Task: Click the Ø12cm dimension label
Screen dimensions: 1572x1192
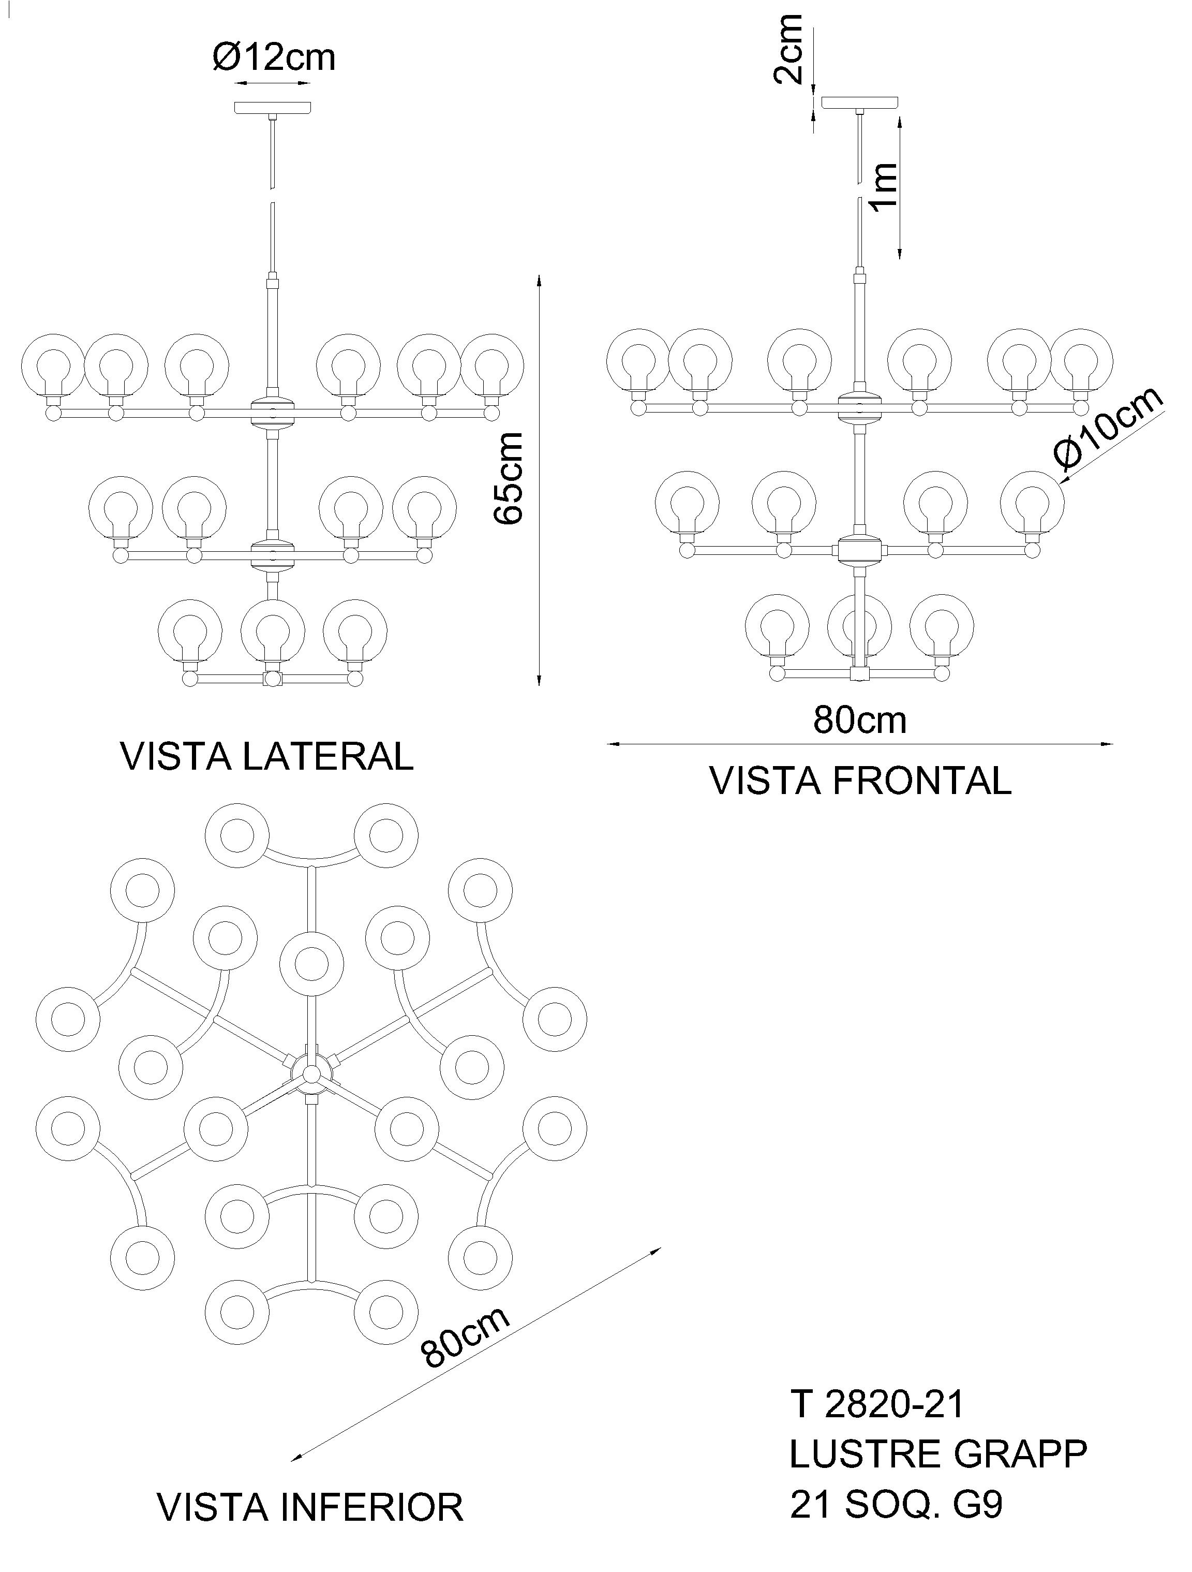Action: (274, 57)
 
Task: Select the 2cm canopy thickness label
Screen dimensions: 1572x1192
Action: (788, 48)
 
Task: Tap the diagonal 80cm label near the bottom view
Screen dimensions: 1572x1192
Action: (465, 1337)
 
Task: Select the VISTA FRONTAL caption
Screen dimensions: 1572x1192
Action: (861, 781)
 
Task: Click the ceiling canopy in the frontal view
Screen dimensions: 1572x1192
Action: (859, 102)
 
